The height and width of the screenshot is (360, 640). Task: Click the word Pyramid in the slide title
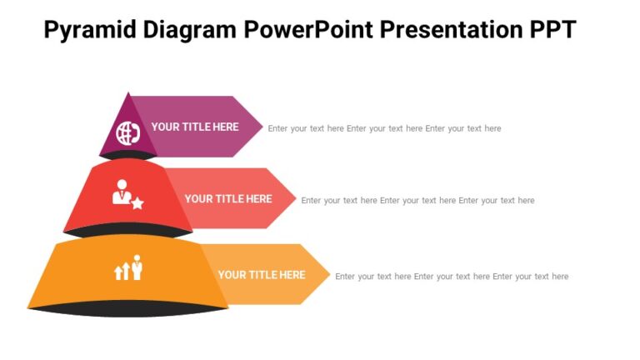(x=89, y=30)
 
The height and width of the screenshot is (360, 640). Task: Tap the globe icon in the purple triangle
(x=127, y=132)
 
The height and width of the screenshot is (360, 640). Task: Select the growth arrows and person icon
(x=128, y=267)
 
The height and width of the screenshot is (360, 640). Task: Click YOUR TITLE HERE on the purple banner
(x=195, y=127)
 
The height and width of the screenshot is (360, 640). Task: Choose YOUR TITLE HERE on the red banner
(x=228, y=199)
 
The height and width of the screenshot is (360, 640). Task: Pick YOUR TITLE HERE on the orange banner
(x=262, y=275)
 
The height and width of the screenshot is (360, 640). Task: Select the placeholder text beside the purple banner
(x=384, y=128)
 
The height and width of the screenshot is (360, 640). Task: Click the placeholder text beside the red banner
(x=417, y=201)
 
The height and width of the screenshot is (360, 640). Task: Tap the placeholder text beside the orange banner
(x=452, y=277)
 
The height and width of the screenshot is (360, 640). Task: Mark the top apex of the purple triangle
(x=128, y=94)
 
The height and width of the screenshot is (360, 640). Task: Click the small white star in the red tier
(x=137, y=203)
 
